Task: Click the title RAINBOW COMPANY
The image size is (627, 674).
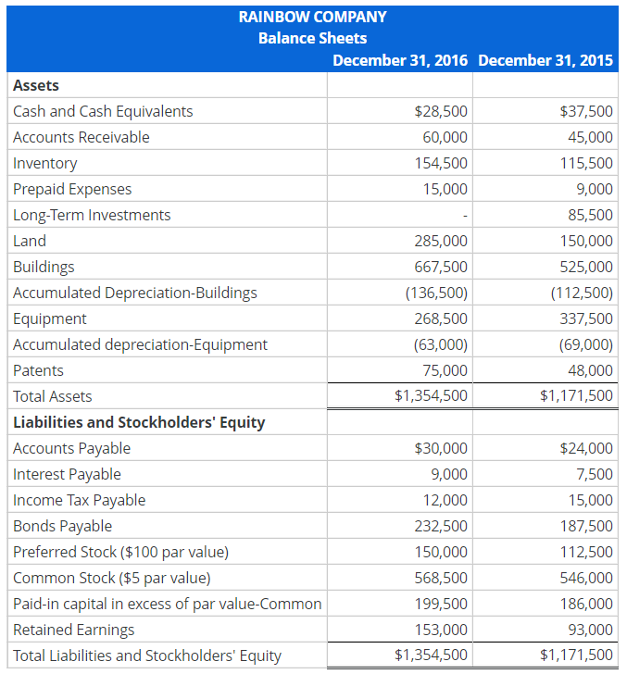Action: [312, 16]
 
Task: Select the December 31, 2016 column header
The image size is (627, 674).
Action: [401, 60]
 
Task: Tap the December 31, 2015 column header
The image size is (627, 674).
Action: [545, 60]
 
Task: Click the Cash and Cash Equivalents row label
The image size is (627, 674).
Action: [103, 111]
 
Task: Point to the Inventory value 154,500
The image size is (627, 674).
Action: [441, 163]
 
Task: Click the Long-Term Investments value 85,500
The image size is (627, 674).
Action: [586, 215]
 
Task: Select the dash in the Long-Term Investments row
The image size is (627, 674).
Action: [465, 216]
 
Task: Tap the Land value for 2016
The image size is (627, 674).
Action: [441, 241]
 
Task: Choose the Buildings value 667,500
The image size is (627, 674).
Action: [441, 267]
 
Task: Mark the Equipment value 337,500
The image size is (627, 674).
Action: [586, 318]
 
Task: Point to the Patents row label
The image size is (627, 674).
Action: [39, 370]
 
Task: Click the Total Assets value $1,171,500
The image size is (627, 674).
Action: [576, 396]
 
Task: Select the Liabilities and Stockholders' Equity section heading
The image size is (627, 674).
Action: [139, 422]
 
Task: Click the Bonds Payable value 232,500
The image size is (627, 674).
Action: [441, 526]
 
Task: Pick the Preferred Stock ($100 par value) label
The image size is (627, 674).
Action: [120, 552]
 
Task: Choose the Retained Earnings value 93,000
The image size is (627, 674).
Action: [590, 630]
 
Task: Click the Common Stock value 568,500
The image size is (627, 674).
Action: [441, 578]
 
